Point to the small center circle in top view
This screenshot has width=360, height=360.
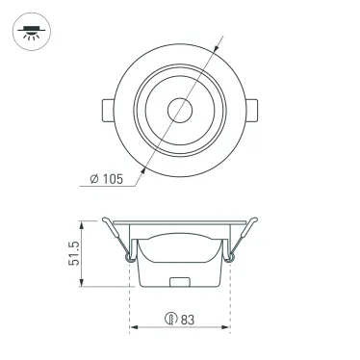[x=179, y=109]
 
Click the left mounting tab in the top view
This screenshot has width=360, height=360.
[x=105, y=109]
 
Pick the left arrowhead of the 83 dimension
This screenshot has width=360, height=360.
[x=134, y=327]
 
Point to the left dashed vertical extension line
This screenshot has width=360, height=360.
[x=129, y=303]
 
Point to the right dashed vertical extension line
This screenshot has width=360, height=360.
[x=230, y=303]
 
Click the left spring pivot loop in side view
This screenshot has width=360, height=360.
[x=129, y=256]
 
